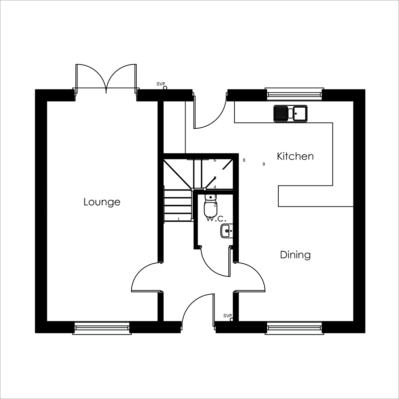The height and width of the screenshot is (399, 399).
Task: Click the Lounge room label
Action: [x=102, y=202]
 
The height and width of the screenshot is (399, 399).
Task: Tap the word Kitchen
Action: [x=295, y=156]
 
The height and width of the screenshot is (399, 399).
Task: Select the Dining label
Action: [x=295, y=255]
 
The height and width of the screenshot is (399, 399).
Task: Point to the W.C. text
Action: [x=216, y=219]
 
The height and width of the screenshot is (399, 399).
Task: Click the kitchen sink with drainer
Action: [x=290, y=113]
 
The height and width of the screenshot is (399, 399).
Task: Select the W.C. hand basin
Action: [x=227, y=231]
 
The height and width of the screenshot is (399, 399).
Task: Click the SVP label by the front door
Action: [x=227, y=316]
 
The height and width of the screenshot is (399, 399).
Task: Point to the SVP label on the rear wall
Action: [x=161, y=84]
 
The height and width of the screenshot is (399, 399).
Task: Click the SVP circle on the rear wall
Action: [x=165, y=88]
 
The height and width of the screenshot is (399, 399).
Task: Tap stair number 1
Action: [x=179, y=219]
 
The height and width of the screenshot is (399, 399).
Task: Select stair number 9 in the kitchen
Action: [x=264, y=164]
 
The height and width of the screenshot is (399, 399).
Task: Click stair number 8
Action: [x=244, y=160]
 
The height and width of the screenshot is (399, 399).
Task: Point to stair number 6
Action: [x=215, y=160]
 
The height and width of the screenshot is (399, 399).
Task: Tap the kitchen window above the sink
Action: [x=295, y=94]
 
